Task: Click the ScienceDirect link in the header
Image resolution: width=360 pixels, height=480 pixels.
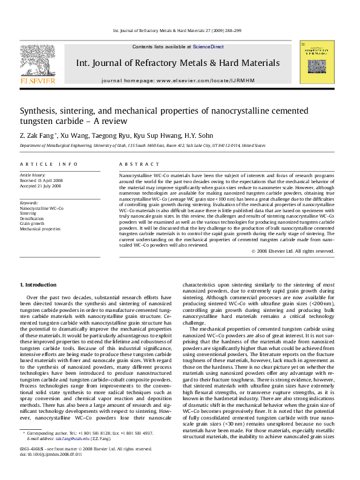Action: pyautogui.click(x=208, y=47)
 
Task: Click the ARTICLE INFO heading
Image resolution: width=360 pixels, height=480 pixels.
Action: pyautogui.click(x=49, y=164)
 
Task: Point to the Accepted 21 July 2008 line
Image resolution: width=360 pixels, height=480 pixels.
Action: pyautogui.click(x=41, y=185)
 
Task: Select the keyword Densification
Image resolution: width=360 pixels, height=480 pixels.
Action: pyautogui.click(x=32, y=218)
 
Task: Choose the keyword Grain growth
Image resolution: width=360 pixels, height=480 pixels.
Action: pyautogui.click(x=32, y=224)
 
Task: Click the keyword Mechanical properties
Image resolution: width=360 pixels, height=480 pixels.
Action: pyautogui.click(x=40, y=229)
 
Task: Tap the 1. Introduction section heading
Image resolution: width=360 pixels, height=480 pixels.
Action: pyautogui.click(x=39, y=284)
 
